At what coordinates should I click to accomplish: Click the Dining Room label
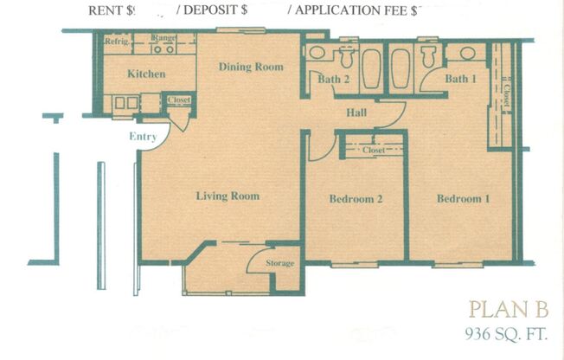pos(251,67)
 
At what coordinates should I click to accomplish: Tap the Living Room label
pos(228,196)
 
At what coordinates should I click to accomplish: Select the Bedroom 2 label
pos(356,199)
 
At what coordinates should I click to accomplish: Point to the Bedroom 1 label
pos(463,199)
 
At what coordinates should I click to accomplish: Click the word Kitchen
pos(146,74)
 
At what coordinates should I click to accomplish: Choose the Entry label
pos(142,137)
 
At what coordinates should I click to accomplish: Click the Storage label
pos(279,263)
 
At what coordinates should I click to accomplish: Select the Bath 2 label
pos(332,80)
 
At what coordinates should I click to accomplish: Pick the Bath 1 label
pos(460,79)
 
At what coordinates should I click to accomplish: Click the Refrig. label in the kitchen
pos(117,42)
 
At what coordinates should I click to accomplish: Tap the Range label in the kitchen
pos(163,39)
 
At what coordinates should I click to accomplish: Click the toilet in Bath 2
pos(347,56)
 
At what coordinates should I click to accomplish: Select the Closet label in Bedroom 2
pos(374,150)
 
